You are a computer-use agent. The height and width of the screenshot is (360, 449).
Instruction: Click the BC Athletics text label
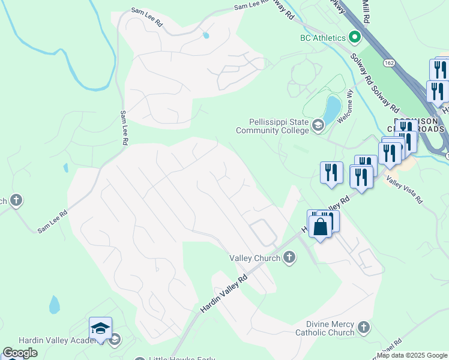pos(322,38)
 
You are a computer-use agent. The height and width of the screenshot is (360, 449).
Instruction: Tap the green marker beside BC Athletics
pos(354,37)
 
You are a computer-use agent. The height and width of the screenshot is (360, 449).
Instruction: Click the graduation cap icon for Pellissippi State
pos(318,125)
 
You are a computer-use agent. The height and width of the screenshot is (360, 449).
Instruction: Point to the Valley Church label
pos(255,258)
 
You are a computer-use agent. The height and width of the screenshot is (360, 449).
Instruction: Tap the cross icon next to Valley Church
pos(289,258)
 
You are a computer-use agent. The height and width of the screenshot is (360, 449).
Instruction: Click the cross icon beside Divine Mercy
pos(363,328)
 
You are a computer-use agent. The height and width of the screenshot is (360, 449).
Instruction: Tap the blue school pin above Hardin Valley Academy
pos(101,328)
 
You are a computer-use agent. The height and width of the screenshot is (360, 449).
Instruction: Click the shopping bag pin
pos(321,227)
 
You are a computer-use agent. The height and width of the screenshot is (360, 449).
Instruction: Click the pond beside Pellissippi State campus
pos(332,108)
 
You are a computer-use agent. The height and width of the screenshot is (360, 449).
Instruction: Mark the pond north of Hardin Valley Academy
pos(54,305)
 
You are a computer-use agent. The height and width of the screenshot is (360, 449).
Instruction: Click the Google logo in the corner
pos(20,353)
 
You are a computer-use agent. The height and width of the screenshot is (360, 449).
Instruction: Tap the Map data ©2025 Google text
pos(412,355)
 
